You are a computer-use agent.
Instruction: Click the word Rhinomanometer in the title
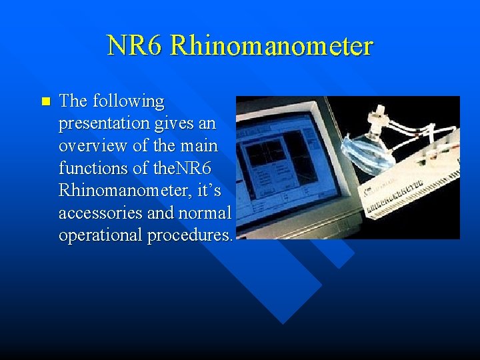[x=271, y=46]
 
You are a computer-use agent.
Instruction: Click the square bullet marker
[x=45, y=102]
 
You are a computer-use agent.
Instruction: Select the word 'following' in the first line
[x=128, y=101]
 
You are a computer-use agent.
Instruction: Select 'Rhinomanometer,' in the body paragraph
[x=126, y=191]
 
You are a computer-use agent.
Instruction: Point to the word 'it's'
[x=209, y=191]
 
